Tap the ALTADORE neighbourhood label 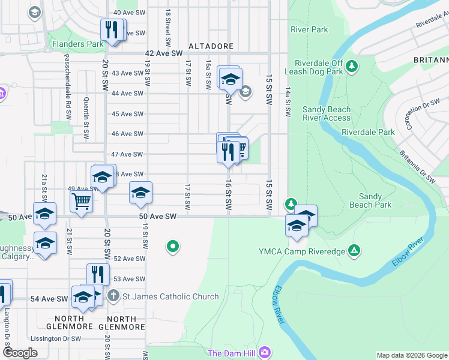210,46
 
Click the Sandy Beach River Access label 327,113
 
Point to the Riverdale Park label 368,132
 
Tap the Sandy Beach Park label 370,200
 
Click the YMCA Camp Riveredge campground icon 355,250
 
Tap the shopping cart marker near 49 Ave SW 81,201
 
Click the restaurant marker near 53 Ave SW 98,274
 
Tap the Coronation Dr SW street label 415,114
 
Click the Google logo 20,353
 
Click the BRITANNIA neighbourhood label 431,61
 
